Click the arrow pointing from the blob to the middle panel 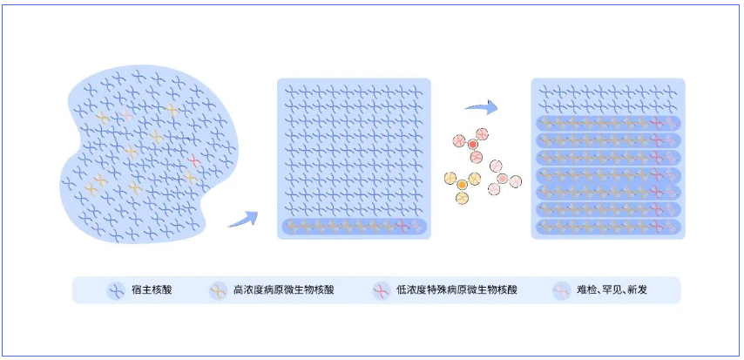tap(244, 220)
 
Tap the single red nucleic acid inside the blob tap(194, 161)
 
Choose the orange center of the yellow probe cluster tap(462, 185)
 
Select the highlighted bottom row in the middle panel tap(354, 227)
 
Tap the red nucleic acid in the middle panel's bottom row tap(402, 227)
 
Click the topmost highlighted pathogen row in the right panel tap(607, 123)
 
